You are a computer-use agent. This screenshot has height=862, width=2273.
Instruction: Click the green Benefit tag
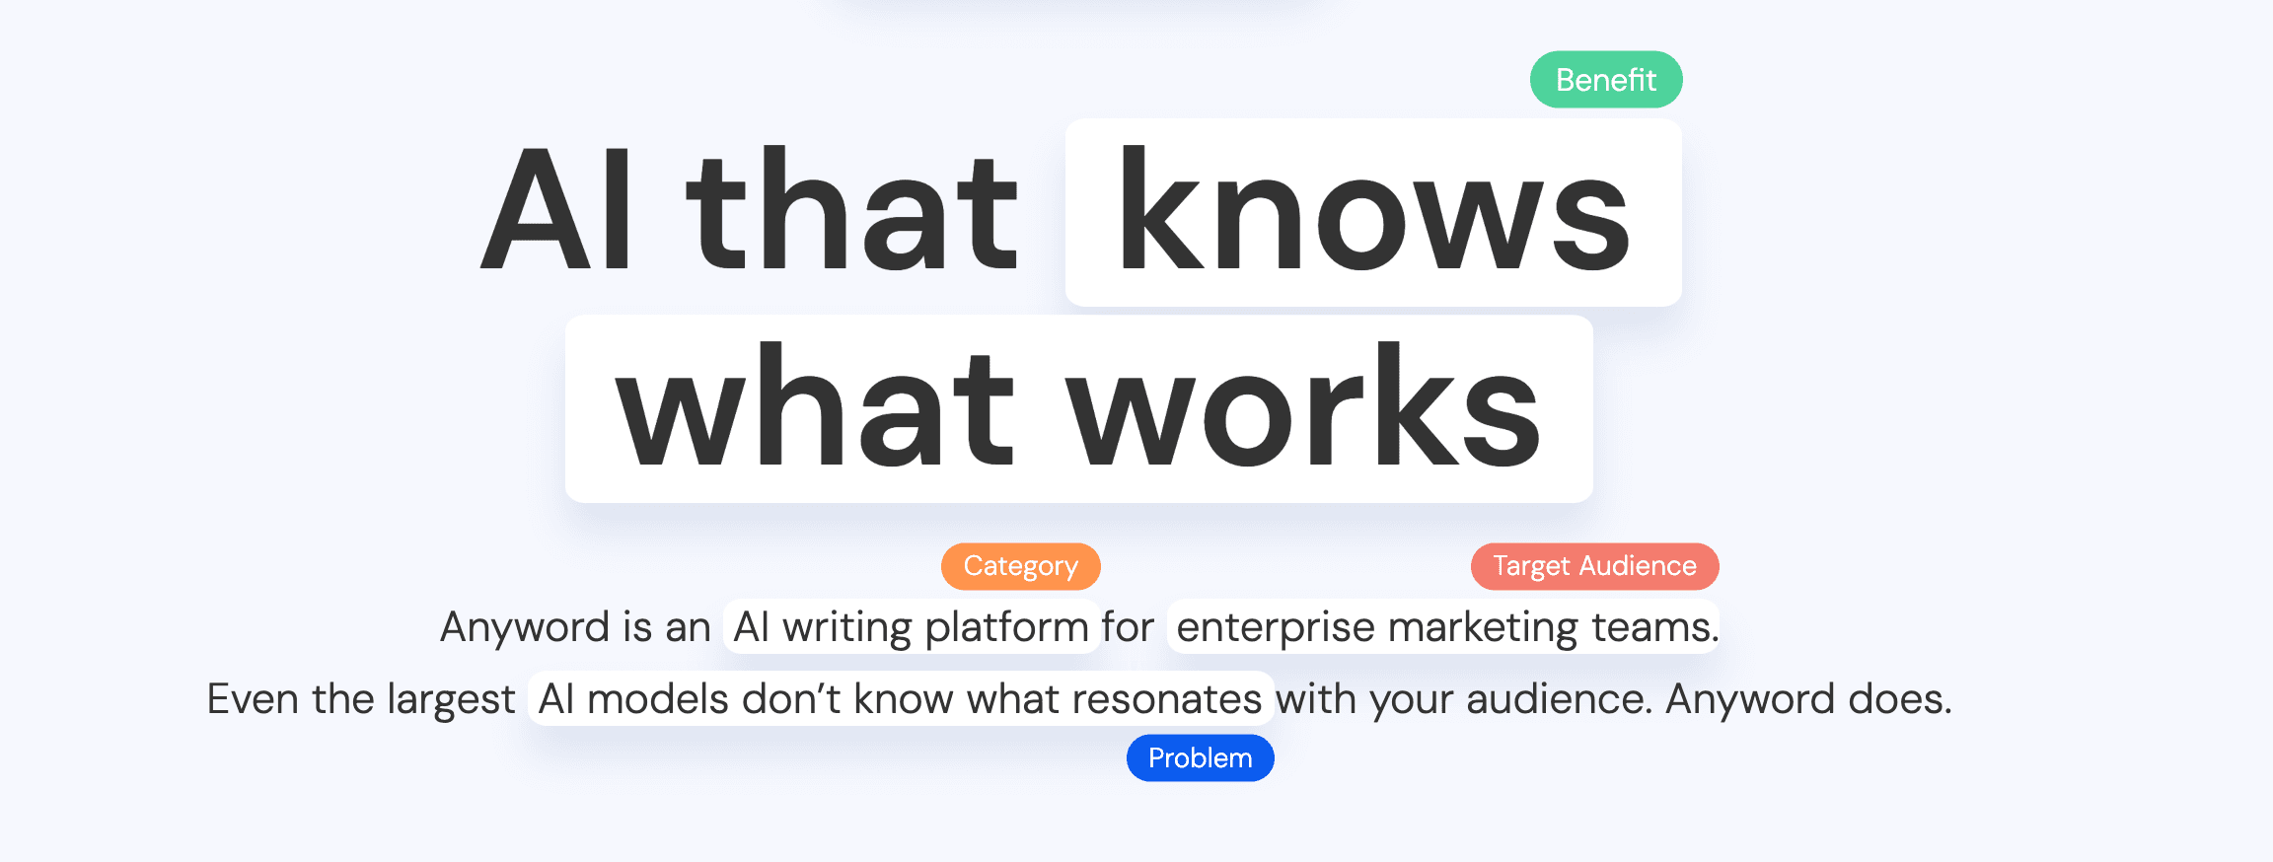coord(1606,80)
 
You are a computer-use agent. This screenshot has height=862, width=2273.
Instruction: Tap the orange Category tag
coord(1020,566)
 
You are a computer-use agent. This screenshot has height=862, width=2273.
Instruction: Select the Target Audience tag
coord(1594,566)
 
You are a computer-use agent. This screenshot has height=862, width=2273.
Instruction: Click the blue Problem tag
coord(1200,758)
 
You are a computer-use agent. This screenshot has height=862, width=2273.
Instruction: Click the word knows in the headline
coord(1373,211)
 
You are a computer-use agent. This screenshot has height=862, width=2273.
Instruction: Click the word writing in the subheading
coord(847,628)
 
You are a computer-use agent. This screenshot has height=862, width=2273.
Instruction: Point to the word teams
coord(1652,628)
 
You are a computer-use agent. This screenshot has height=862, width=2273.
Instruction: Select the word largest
coord(451,700)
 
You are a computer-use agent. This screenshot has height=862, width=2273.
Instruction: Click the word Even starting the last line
coord(253,700)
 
